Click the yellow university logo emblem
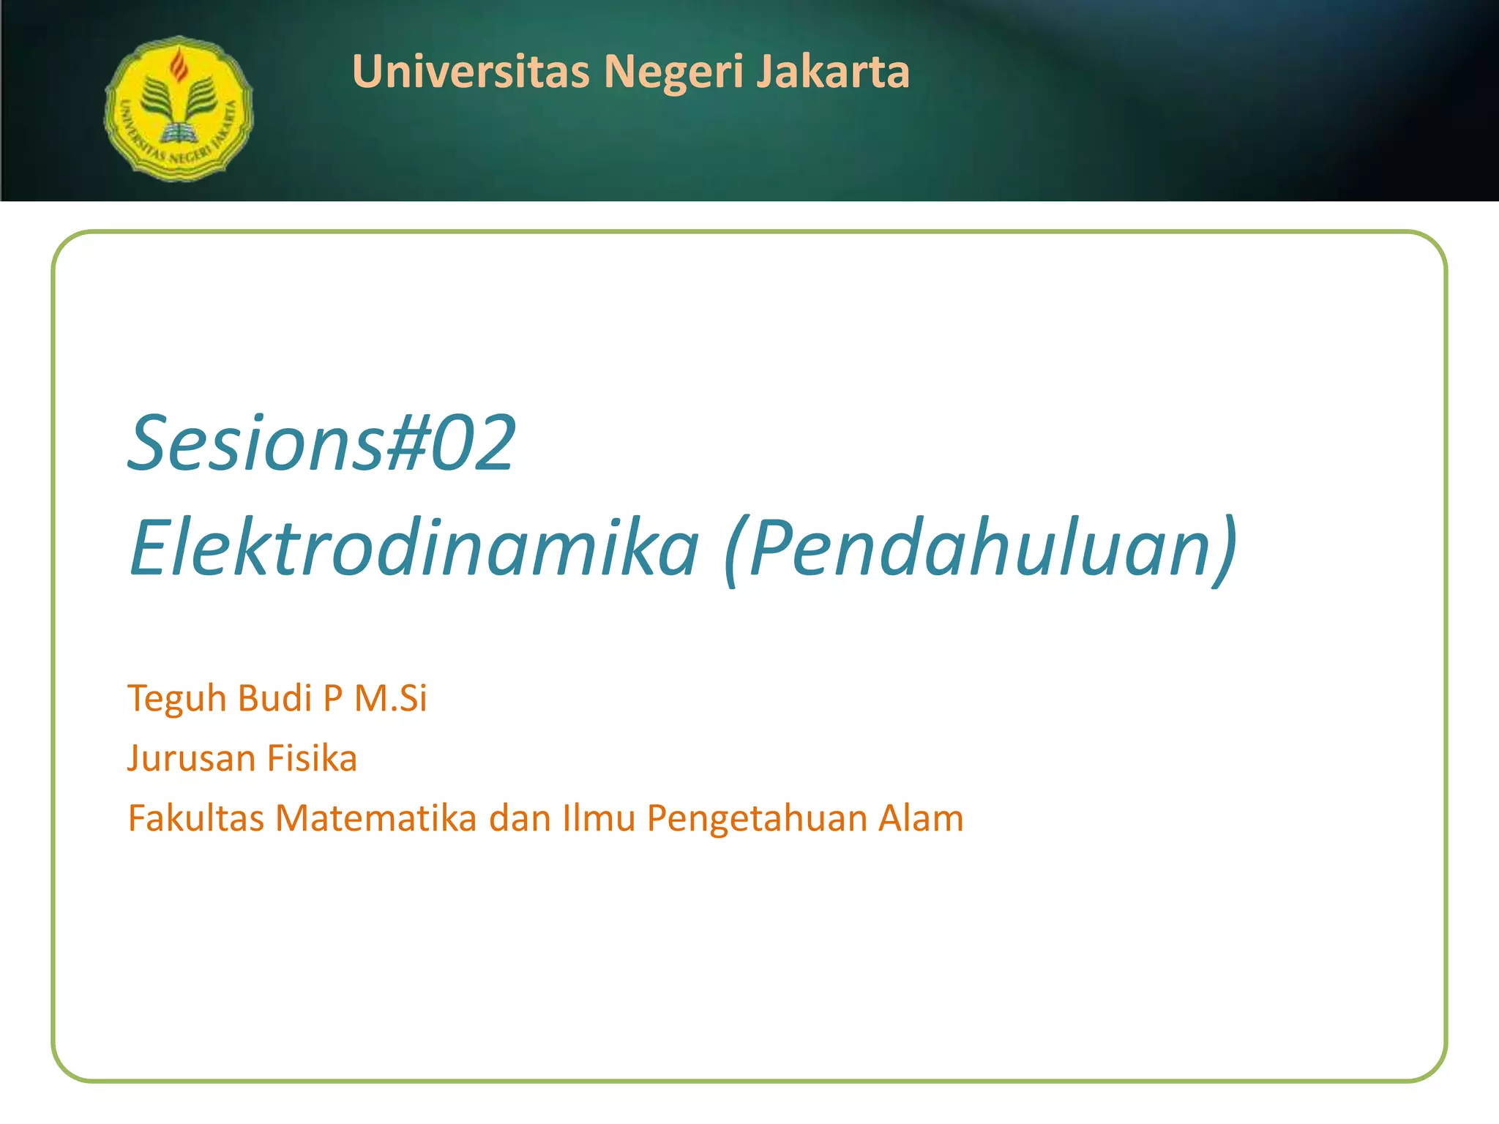(x=179, y=108)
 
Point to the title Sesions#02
(x=322, y=443)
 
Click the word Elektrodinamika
(x=414, y=547)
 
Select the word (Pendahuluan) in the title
(x=980, y=547)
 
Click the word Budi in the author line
(x=274, y=697)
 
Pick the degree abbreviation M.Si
(x=390, y=697)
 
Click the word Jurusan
(x=191, y=758)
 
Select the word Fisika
(x=312, y=758)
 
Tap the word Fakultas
(x=195, y=818)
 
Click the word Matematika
(x=376, y=818)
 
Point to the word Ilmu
(x=598, y=818)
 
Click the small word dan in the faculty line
(x=520, y=818)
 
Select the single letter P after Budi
(x=333, y=697)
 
